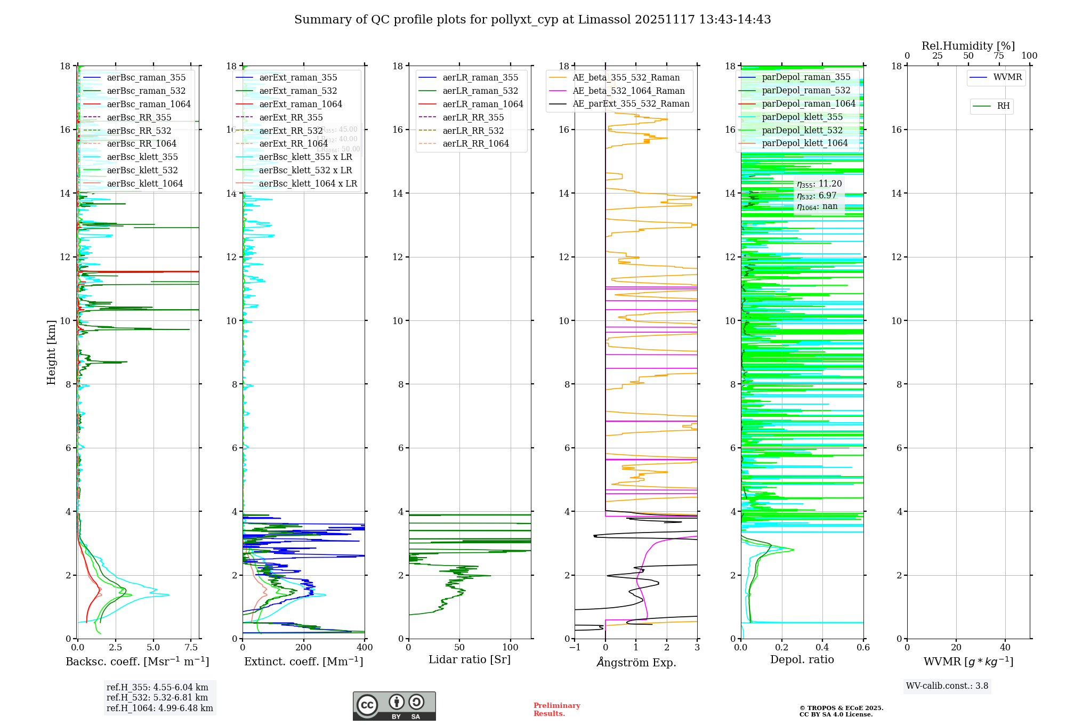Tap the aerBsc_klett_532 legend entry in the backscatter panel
(x=142, y=170)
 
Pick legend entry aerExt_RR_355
(x=290, y=117)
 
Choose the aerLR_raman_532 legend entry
(x=480, y=91)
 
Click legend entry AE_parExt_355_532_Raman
(x=631, y=103)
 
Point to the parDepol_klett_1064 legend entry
(x=804, y=143)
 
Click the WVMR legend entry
(x=1007, y=77)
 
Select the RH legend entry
(x=1003, y=106)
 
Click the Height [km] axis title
(x=51, y=352)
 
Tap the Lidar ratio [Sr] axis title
(x=469, y=659)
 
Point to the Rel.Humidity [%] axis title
(x=968, y=46)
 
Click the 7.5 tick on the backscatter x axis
(x=191, y=648)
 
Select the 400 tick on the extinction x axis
(x=365, y=648)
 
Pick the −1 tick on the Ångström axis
(x=575, y=648)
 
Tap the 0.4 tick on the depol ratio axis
(x=822, y=648)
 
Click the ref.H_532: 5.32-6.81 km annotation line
(x=157, y=697)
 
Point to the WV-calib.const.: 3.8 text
(x=947, y=686)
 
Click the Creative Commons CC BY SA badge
(x=394, y=706)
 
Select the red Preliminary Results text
(x=556, y=710)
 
